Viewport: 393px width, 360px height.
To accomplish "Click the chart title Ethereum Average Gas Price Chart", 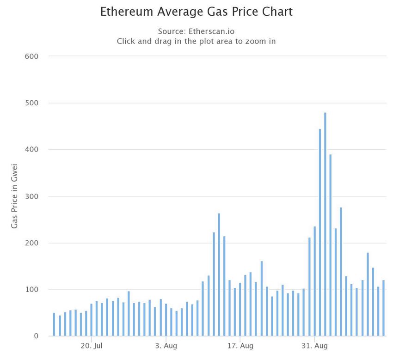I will [x=196, y=12].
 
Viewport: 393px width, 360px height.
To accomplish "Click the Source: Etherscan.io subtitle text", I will [x=196, y=31].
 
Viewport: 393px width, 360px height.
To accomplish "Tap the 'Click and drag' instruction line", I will [x=196, y=41].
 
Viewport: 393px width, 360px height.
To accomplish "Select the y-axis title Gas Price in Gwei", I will [x=14, y=196].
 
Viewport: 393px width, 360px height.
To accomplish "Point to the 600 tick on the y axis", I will [x=31, y=56].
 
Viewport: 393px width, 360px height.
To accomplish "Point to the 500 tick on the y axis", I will [x=31, y=103].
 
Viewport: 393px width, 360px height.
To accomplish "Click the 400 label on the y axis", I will [x=31, y=150].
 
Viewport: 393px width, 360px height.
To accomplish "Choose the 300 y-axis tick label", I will [x=31, y=196].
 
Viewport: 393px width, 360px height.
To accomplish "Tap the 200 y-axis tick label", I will [x=31, y=243].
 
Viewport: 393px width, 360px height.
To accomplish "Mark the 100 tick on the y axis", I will [x=31, y=290].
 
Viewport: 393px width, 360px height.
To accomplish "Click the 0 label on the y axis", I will [x=35, y=336].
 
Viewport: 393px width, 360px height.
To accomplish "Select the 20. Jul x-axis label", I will [x=92, y=346].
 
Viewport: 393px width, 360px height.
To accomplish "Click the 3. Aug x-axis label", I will [x=166, y=346].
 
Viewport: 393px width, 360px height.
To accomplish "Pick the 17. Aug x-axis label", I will [x=240, y=346].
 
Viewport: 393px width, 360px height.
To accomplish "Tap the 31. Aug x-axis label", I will [x=314, y=346].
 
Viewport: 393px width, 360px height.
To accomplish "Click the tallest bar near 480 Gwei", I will [x=325, y=224].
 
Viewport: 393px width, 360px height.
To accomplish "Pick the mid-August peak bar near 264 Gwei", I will [x=219, y=275].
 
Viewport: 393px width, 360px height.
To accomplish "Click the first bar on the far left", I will [x=54, y=325].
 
